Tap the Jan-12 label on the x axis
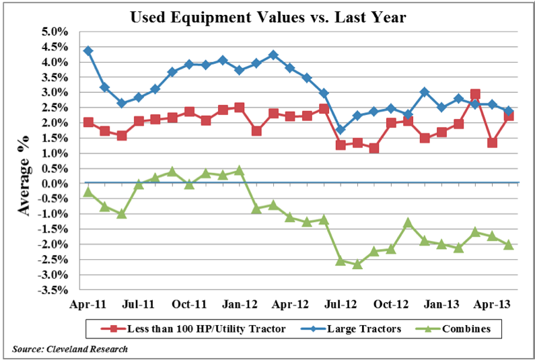240,304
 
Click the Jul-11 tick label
139,304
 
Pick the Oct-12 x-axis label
391,304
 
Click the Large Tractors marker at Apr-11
88,50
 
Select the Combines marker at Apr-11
88,192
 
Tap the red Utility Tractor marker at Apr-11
88,122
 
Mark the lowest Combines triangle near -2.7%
357,264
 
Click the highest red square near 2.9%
475,94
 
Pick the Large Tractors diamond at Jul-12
341,130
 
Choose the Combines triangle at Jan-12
240,170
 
